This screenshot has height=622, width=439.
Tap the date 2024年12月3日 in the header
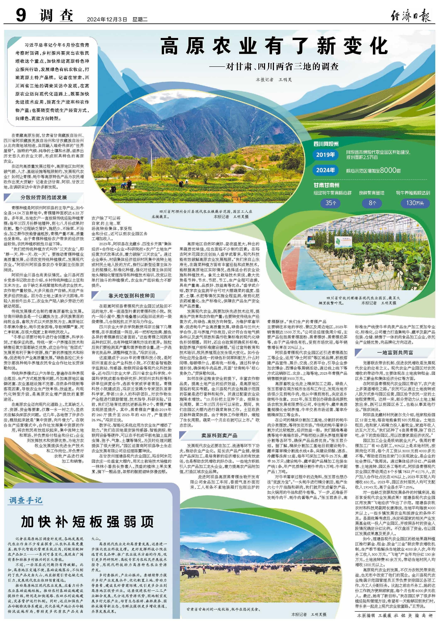107,19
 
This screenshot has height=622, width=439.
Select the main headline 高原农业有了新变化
274,46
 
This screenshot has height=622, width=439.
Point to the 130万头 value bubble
415,203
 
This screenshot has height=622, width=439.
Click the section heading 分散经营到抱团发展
44,197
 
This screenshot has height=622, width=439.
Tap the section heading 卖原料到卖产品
219,435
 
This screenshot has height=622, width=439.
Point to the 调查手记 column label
26,500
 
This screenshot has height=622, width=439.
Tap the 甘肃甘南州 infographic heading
326,185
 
